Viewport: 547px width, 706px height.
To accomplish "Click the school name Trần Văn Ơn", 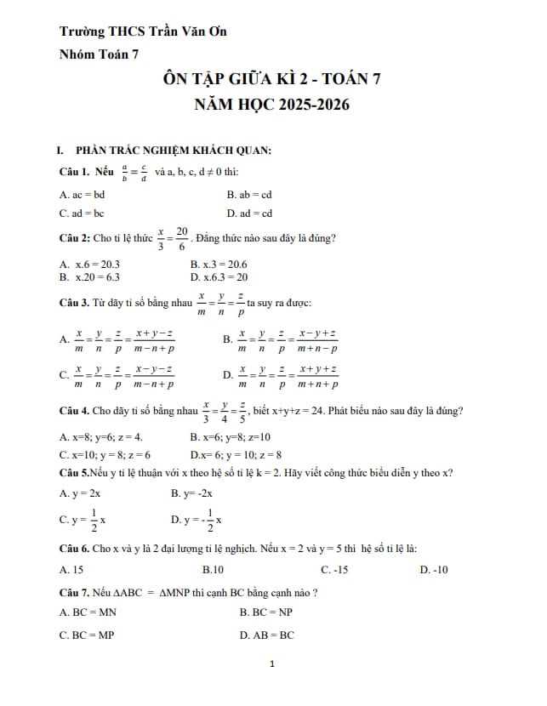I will coord(187,32).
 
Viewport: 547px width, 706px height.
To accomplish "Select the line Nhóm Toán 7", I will coord(99,54).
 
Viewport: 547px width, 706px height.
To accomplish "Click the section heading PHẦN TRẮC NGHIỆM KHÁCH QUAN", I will coord(174,151).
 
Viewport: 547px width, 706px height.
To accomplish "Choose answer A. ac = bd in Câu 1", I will coord(83,194).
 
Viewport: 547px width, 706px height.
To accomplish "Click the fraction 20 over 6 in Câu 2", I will coord(182,238).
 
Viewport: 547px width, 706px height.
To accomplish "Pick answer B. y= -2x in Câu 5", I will coord(192,493).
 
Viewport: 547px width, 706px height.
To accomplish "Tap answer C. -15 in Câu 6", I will coord(334,569).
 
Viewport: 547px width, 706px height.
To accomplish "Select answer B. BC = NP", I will coord(266,612).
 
